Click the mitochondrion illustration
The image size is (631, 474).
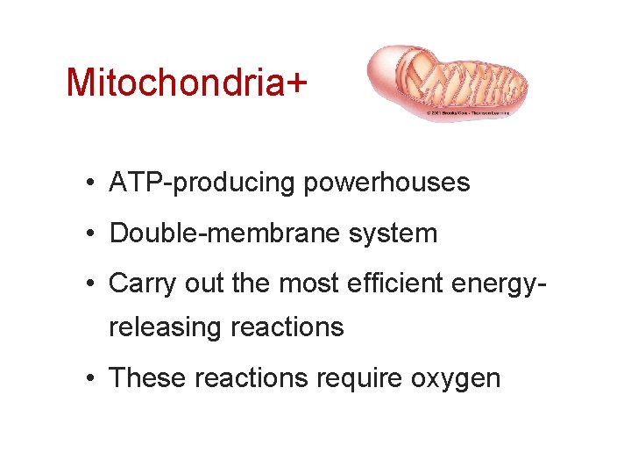pos(447,79)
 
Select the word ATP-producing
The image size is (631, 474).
pos(201,183)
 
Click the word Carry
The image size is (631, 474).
pos(137,284)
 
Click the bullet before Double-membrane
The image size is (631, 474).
pos(91,234)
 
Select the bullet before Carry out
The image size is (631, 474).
pos(91,284)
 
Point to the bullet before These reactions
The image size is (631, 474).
pos(91,378)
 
